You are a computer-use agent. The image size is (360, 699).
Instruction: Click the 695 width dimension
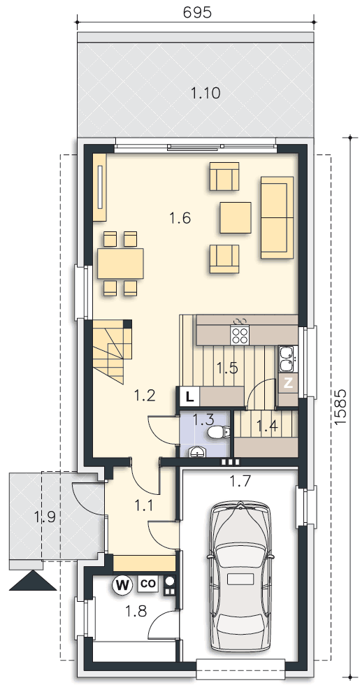point(197,13)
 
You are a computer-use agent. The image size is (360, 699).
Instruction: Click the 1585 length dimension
point(340,407)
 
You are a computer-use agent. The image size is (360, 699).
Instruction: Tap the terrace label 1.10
point(206,94)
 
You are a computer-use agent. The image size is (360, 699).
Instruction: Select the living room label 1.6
point(180,218)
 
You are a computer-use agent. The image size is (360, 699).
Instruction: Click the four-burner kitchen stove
point(240,334)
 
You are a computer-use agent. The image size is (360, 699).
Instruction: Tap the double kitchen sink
point(285,359)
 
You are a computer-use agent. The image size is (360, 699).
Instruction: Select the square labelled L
point(190,396)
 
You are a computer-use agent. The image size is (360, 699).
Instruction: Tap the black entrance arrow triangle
point(33,580)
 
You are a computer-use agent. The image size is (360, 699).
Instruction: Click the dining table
point(120,264)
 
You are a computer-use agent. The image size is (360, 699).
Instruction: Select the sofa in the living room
point(277,217)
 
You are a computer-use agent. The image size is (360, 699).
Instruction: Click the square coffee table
point(236,217)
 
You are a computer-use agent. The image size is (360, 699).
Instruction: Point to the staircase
point(112,352)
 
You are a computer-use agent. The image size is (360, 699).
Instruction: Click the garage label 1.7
point(240,481)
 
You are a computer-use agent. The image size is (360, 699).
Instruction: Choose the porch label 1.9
point(44,517)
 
